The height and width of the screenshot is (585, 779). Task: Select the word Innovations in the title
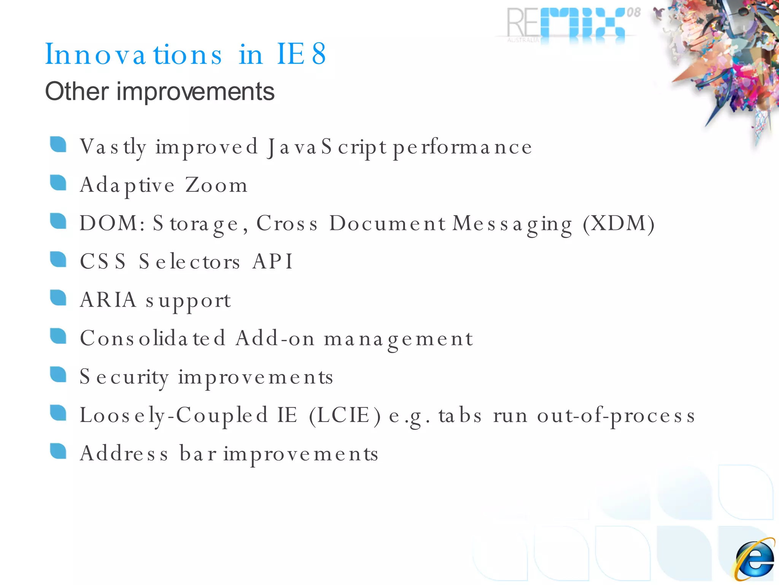(134, 54)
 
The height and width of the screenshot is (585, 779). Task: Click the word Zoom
(216, 185)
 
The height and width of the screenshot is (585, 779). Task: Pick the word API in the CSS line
(272, 262)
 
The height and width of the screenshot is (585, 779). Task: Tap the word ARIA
(108, 300)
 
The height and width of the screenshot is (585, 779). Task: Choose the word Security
(124, 377)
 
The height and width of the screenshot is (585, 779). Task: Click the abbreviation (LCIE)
(345, 415)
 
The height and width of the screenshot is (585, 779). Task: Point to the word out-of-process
(616, 416)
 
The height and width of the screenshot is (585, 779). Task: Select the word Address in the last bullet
(124, 454)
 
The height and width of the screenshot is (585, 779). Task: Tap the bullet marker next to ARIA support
(58, 298)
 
